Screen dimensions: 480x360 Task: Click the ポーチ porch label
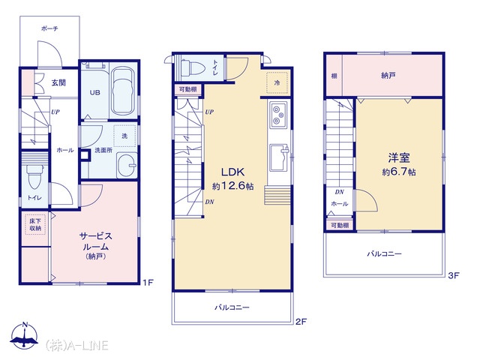[x=49, y=28]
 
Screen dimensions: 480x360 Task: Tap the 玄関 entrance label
[x=58, y=82]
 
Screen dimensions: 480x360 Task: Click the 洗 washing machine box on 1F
[x=124, y=136]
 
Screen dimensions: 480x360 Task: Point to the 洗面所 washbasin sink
[x=127, y=165]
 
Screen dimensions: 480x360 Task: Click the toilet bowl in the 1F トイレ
[x=34, y=177]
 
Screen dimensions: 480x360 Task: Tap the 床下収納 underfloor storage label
[x=35, y=225]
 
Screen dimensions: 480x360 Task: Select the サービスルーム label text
[x=95, y=241]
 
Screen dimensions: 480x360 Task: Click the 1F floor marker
[x=148, y=282]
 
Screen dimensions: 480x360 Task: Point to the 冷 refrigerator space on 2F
[x=277, y=82]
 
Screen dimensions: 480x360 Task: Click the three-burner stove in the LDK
[x=278, y=115]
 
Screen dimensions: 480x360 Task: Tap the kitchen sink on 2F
[x=279, y=157]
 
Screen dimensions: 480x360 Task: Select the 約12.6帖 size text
[x=233, y=186]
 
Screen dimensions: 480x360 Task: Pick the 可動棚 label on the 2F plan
[x=187, y=90]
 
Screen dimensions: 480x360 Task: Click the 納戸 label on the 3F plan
[x=388, y=75]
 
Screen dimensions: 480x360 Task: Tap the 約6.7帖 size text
[x=399, y=172]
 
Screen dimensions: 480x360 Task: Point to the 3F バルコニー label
[x=384, y=253]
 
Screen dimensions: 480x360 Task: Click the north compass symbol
[x=25, y=335]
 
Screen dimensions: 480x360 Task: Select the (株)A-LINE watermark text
[x=76, y=345]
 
